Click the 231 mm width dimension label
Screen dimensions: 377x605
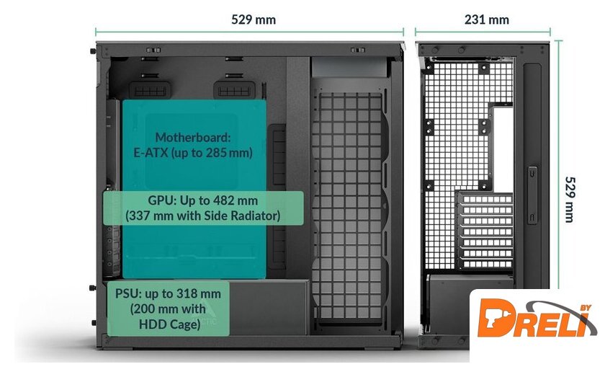[486, 19]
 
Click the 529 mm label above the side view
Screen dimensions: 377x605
[253, 19]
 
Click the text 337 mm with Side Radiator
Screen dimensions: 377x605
[202, 216]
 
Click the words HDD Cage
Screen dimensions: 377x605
[170, 324]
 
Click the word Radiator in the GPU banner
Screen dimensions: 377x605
[255, 216]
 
